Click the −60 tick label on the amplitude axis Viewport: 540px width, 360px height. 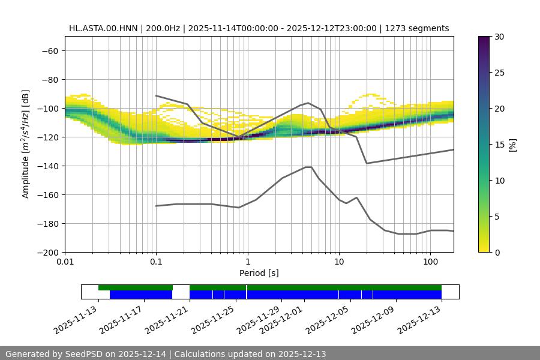click(49, 50)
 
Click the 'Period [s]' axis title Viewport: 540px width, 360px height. click(259, 273)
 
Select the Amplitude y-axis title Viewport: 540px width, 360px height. click(26, 144)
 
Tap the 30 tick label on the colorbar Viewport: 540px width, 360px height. click(499, 37)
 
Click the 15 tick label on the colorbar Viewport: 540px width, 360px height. click(499, 145)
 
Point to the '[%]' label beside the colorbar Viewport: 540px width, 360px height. click(513, 144)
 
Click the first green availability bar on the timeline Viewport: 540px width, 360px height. click(135, 287)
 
